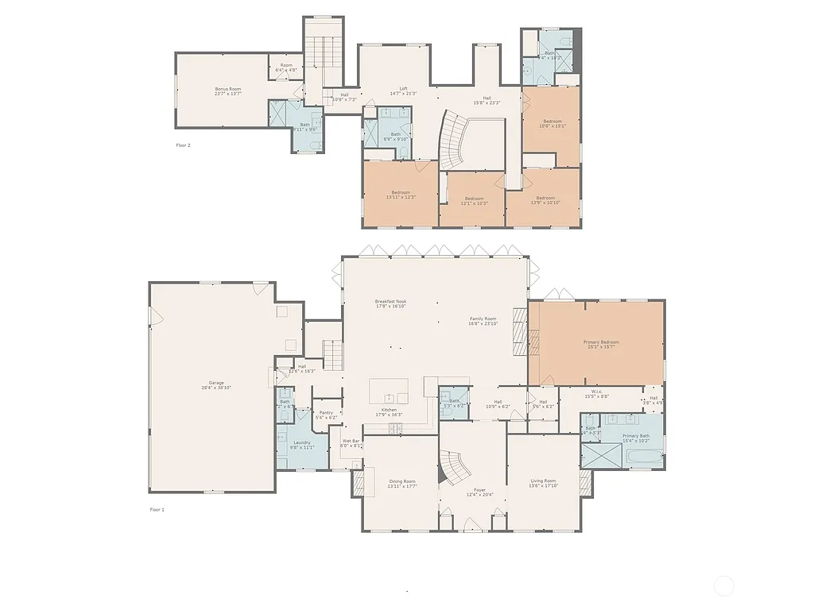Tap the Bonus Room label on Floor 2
(227, 89)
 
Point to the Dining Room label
(402, 481)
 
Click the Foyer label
(479, 490)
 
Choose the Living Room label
(544, 481)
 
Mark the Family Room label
(483, 319)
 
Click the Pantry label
(326, 412)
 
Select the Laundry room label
(301, 442)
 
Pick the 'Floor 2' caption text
(183, 145)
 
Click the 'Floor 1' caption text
(157, 509)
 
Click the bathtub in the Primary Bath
(644, 457)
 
